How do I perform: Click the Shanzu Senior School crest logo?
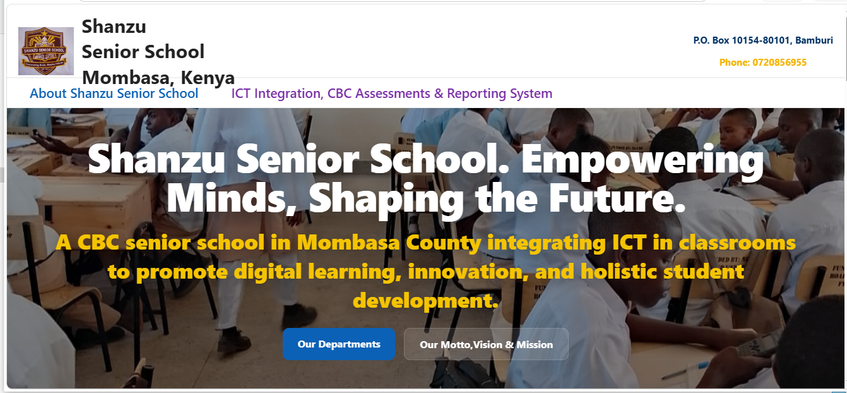(45, 51)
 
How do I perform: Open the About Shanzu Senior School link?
(114, 94)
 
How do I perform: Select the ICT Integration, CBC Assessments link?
(392, 94)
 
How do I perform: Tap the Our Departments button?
(339, 344)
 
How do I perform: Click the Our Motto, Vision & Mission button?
(486, 344)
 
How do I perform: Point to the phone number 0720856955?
(779, 63)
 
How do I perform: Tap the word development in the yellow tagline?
(425, 301)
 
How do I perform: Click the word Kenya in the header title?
(208, 78)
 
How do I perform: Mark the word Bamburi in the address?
(814, 40)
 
